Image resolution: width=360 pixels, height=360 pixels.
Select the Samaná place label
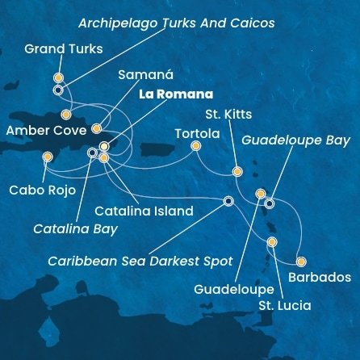[145, 75]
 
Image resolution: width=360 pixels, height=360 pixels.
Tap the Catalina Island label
[144, 211]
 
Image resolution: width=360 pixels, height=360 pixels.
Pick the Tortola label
[197, 133]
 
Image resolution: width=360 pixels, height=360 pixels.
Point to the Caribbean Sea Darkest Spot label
[140, 262]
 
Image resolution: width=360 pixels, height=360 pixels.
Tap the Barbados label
[320, 277]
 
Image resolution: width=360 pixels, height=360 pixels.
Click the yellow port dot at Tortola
[195, 146]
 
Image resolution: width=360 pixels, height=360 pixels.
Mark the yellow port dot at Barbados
[302, 262]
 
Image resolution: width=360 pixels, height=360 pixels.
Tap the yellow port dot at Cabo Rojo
[48, 157]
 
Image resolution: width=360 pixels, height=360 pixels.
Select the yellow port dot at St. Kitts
[237, 171]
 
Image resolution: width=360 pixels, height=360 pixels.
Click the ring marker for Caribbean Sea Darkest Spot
[228, 201]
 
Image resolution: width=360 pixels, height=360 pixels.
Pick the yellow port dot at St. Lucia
[272, 241]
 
